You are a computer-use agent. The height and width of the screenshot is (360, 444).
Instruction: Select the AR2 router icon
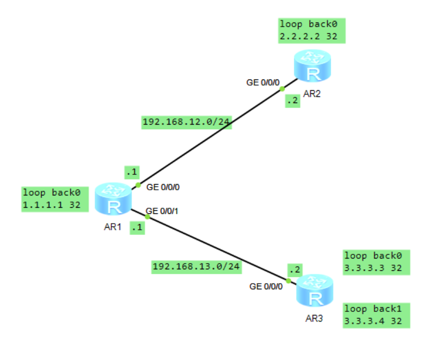312,66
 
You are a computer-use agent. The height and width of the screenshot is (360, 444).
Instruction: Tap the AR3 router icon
315,290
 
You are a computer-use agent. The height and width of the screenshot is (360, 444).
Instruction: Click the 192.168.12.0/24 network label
187,122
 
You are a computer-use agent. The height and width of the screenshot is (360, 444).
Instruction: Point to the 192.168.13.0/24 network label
197,267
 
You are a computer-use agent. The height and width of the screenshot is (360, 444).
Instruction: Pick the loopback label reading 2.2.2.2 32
312,30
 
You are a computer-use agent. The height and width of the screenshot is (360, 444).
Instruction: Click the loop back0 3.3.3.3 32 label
377,262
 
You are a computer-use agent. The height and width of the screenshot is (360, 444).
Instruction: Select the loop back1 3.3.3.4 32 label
377,315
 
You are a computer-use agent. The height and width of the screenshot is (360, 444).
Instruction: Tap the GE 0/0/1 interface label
162,211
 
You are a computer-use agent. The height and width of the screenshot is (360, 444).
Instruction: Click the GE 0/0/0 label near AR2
263,82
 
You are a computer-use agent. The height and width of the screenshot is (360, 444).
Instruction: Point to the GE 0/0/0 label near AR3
266,286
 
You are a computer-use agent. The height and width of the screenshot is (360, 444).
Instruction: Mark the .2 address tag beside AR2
293,101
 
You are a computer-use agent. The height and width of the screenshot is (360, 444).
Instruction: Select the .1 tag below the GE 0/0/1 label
137,227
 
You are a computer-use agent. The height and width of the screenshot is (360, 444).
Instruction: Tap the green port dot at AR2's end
282,89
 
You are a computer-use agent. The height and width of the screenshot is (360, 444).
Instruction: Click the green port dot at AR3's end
289,281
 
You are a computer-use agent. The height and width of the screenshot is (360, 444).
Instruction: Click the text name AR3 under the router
314,318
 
